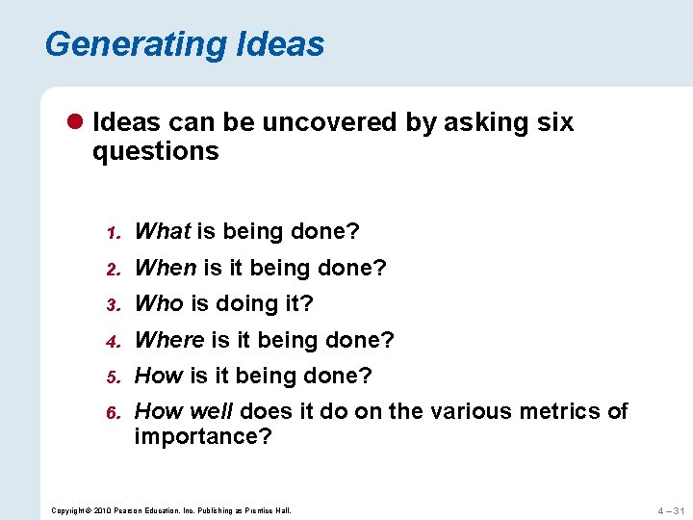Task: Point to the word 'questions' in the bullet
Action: click(155, 151)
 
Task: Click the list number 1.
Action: click(111, 233)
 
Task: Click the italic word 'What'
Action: click(163, 231)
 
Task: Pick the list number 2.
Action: click(111, 270)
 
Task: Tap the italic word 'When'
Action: click(166, 268)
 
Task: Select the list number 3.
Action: click(111, 305)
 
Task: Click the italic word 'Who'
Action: click(159, 303)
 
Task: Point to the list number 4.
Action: click(111, 342)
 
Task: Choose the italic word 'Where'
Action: click(169, 340)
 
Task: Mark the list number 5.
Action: click(111, 377)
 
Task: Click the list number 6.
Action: click(111, 413)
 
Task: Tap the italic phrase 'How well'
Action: click(184, 411)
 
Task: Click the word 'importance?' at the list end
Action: click(203, 437)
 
